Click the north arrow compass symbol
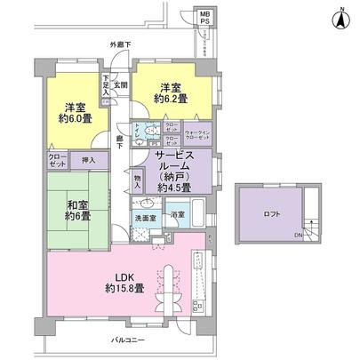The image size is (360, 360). pos(340,17)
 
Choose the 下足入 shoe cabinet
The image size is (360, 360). pos(106,85)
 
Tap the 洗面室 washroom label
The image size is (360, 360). pos(146,216)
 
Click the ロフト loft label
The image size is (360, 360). pos(269,214)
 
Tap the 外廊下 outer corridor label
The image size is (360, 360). pos(121,44)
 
